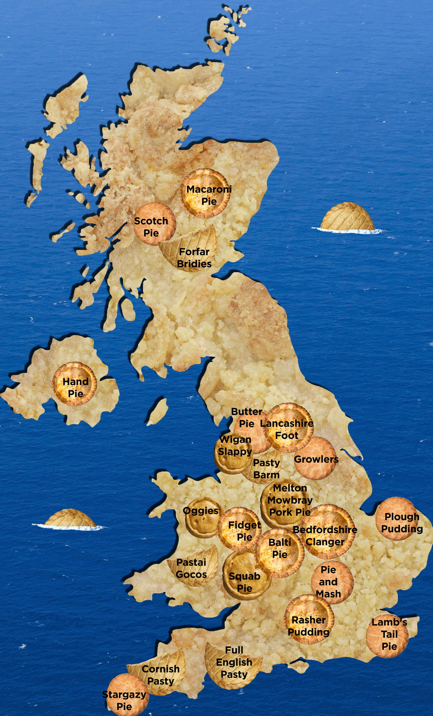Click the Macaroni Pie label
[209, 195]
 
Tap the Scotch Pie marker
[151, 227]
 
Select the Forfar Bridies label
[194, 258]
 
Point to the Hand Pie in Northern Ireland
[75, 387]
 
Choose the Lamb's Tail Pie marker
[388, 635]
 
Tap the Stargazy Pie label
[124, 700]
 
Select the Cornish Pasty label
[161, 675]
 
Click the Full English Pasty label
[234, 662]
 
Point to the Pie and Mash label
[328, 582]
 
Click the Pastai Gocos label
[191, 568]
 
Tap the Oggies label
[201, 511]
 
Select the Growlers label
[316, 459]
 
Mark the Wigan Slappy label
[235, 446]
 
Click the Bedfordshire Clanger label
[325, 536]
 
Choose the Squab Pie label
[244, 582]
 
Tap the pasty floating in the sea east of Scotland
[348, 217]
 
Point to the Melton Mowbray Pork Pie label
[290, 500]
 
